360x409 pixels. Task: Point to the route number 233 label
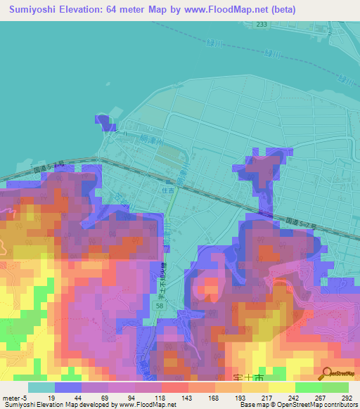click(262, 24)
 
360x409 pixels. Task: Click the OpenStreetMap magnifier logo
click(326, 374)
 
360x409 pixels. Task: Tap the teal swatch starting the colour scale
click(41, 387)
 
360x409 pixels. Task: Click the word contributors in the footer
click(339, 405)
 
